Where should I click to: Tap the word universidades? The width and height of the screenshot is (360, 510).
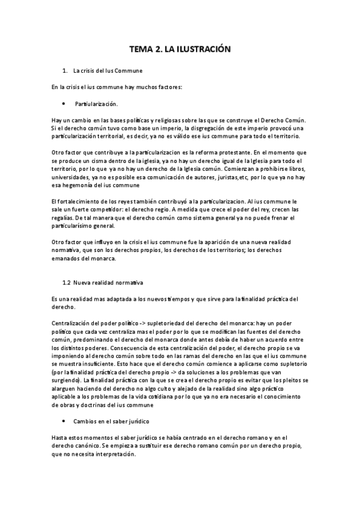[x=72, y=178]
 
